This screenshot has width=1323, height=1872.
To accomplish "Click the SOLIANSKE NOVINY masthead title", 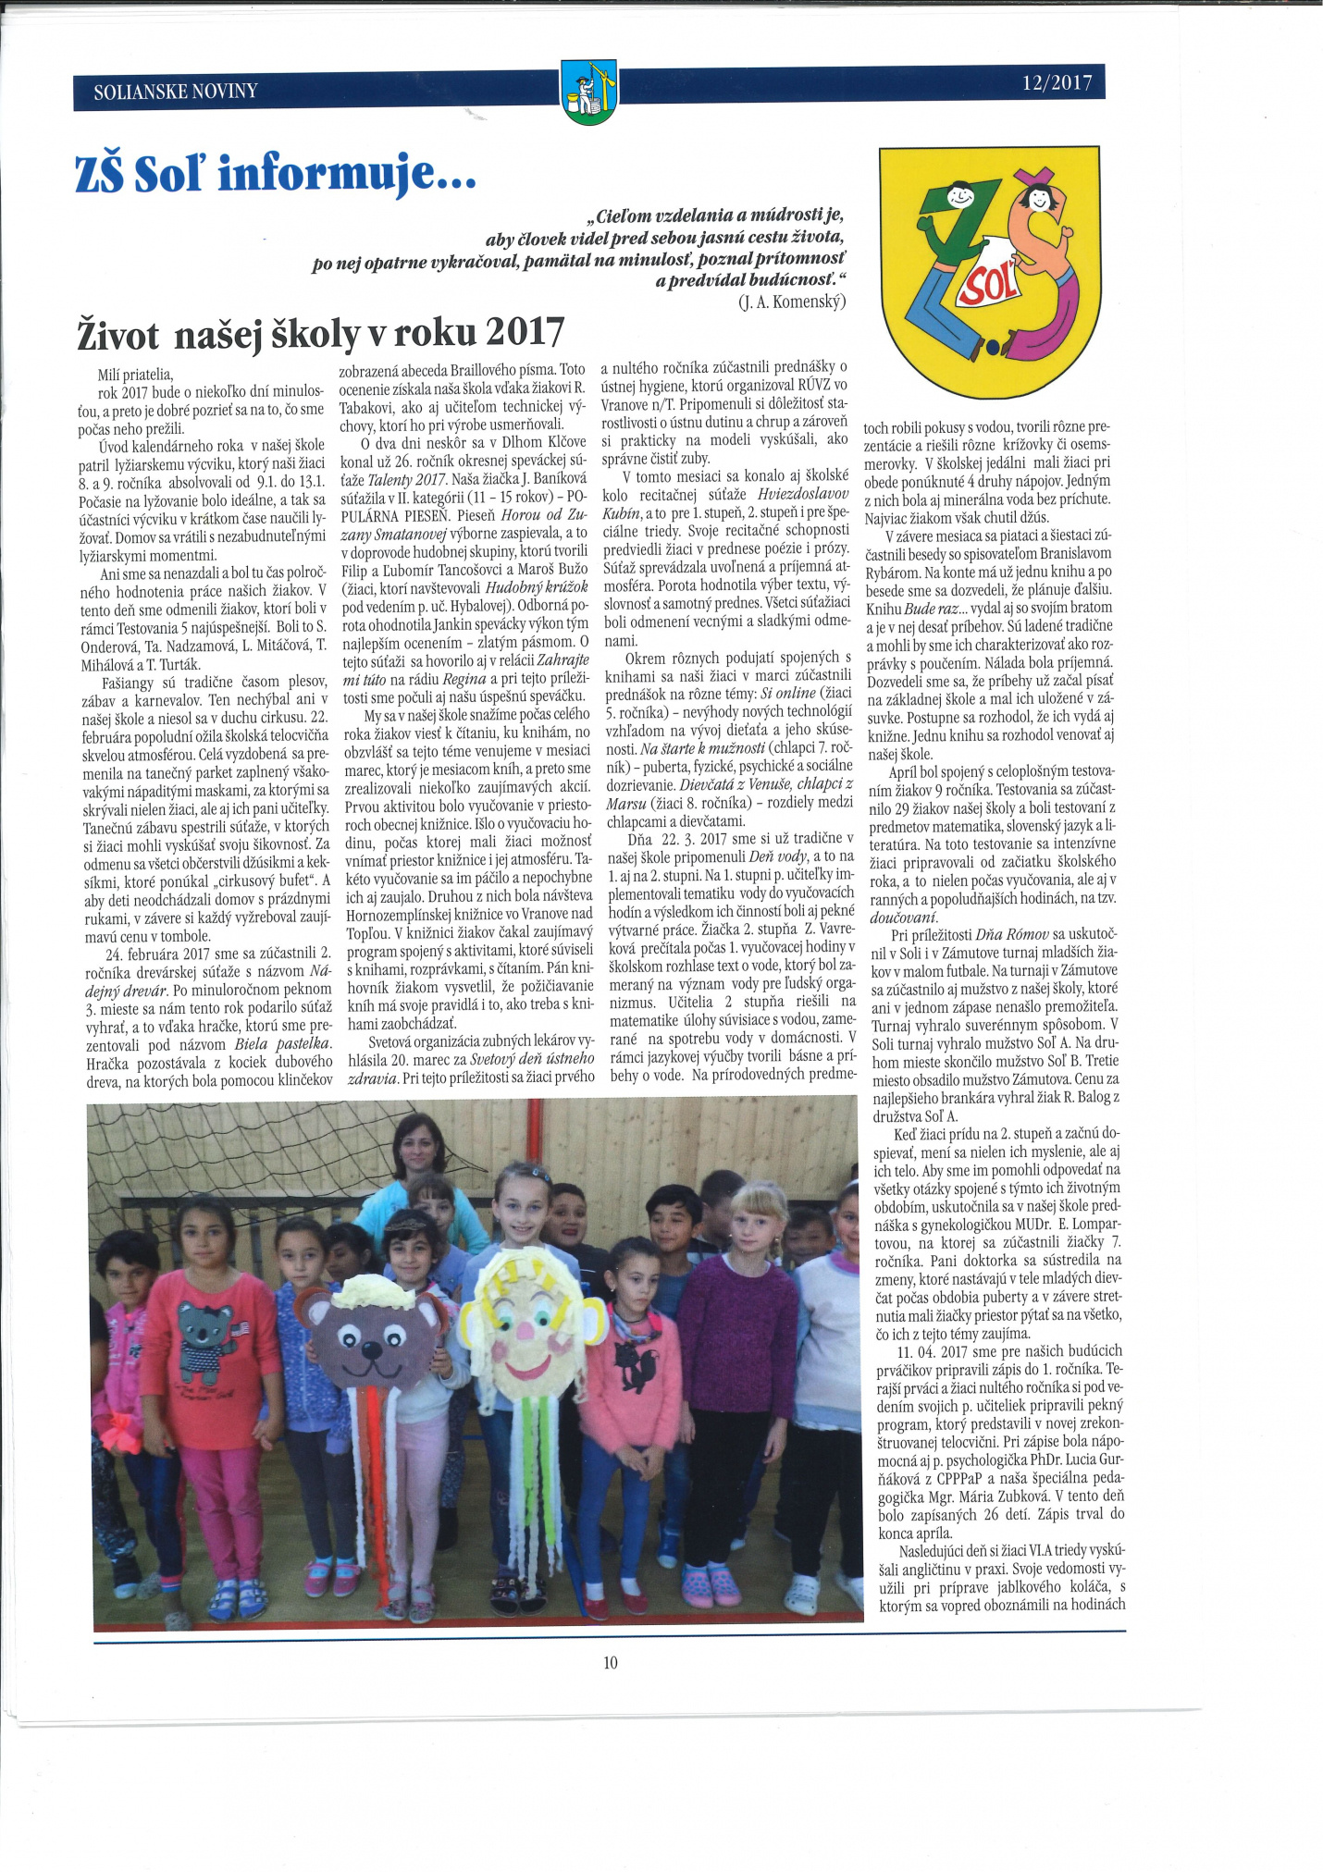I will tap(176, 92).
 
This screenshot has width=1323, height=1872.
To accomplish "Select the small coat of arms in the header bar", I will tap(588, 92).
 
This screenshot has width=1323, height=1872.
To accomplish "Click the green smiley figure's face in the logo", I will tap(959, 196).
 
